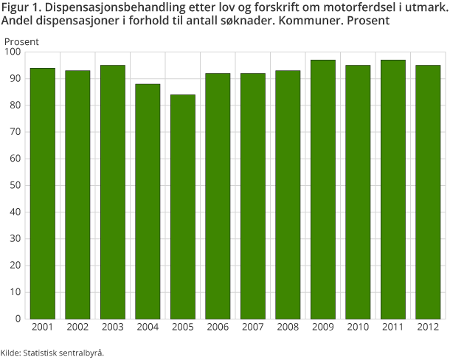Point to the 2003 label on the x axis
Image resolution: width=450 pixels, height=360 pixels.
click(x=113, y=326)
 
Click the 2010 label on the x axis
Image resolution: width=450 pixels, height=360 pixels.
click(x=358, y=326)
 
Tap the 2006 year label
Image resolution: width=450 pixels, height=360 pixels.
click(x=218, y=326)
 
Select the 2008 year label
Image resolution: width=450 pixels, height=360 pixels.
click(x=288, y=326)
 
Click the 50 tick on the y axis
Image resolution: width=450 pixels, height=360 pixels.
click(x=15, y=186)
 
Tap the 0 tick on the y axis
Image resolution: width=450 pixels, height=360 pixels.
click(x=18, y=319)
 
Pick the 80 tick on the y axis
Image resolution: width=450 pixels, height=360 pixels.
click(x=15, y=105)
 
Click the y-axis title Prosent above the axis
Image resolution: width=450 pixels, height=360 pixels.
click(x=22, y=41)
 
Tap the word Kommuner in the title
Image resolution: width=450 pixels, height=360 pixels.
click(x=309, y=21)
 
